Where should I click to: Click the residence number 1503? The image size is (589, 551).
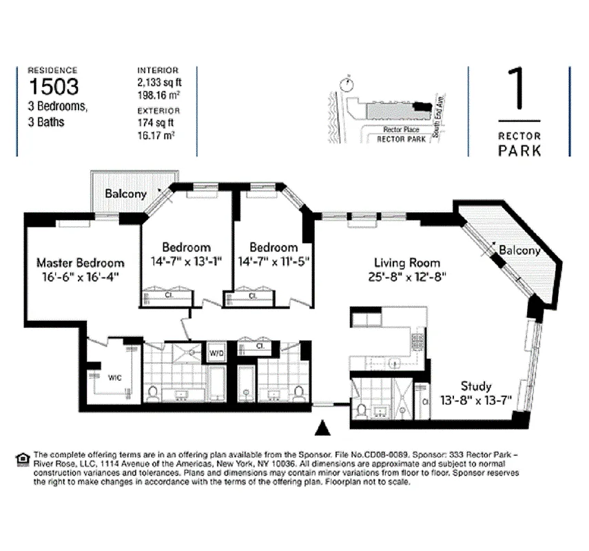coord(53,86)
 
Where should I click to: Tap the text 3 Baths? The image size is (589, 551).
coord(46,123)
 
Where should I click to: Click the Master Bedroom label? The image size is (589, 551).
coord(80,262)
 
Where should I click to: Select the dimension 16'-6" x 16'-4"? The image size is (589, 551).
coord(80,276)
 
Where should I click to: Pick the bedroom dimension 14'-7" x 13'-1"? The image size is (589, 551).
coord(186,261)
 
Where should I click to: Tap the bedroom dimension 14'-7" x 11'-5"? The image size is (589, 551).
coord(273,261)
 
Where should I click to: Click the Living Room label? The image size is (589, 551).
coord(406,262)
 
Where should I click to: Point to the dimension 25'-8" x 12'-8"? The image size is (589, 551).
coord(406,276)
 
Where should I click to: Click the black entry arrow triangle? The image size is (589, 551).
coord(322,428)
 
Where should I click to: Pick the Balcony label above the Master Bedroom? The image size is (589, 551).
coord(125,194)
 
